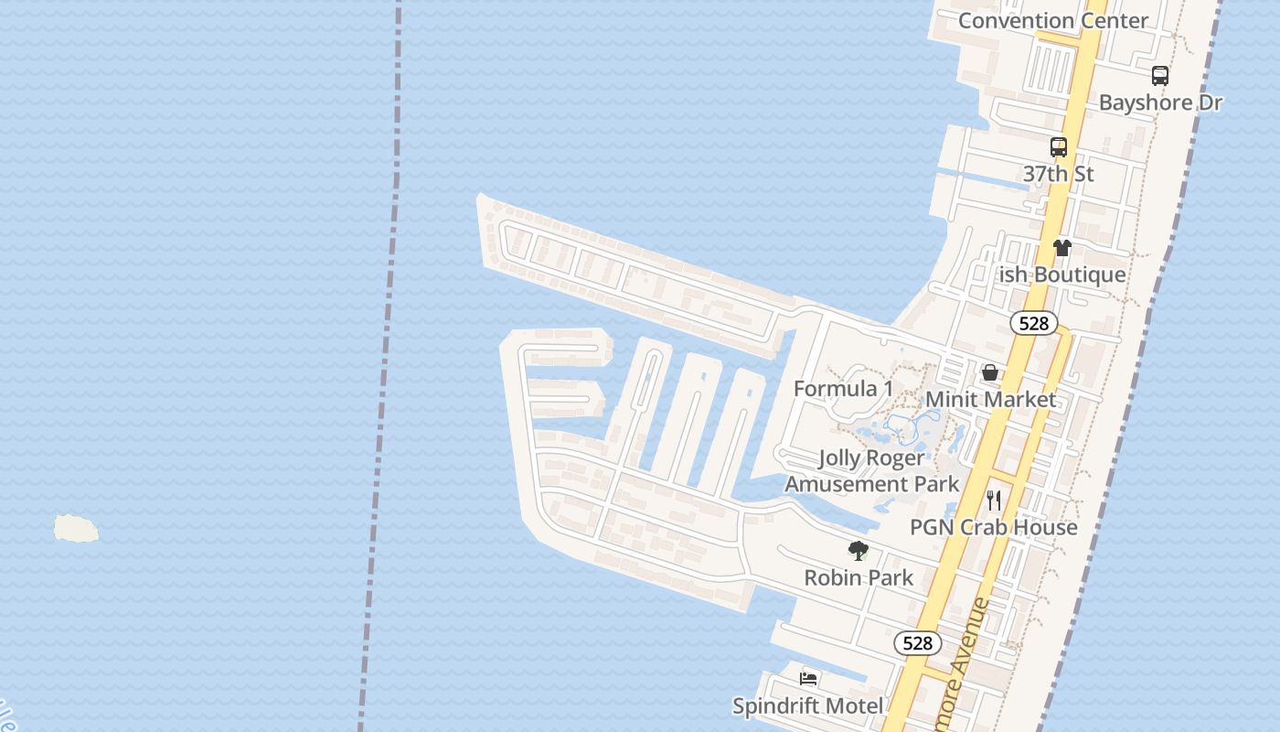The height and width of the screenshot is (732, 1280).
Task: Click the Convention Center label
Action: pyautogui.click(x=1052, y=20)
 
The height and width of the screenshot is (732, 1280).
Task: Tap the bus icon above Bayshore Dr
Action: pyautogui.click(x=1159, y=76)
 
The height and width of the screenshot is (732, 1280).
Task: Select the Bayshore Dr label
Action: pyautogui.click(x=1160, y=102)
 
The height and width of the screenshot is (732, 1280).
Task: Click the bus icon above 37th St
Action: pyautogui.click(x=1058, y=146)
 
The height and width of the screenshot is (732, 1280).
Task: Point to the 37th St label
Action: pyautogui.click(x=1058, y=174)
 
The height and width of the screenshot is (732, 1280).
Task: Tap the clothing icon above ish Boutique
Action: pyautogui.click(x=1061, y=248)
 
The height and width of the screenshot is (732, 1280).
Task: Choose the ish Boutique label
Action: pyautogui.click(x=1061, y=274)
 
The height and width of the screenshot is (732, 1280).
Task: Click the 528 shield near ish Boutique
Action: pyautogui.click(x=1034, y=323)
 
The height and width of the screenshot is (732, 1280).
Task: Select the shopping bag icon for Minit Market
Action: pyautogui.click(x=990, y=372)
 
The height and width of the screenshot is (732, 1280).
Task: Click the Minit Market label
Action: pyautogui.click(x=990, y=399)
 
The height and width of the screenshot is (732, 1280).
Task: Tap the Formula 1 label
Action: pyautogui.click(x=843, y=389)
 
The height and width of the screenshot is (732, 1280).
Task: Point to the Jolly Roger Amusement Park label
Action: pyautogui.click(x=871, y=470)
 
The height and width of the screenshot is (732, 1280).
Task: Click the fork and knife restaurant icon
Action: pyautogui.click(x=994, y=501)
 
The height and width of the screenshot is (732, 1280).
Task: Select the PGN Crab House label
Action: pyautogui.click(x=994, y=527)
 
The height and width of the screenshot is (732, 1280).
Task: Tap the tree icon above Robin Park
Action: pyautogui.click(x=858, y=551)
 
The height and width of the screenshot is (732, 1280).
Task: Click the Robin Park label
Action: pyautogui.click(x=859, y=577)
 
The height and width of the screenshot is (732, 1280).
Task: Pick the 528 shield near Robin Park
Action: pyautogui.click(x=917, y=643)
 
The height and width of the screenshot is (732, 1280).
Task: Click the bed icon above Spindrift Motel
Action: pyautogui.click(x=808, y=679)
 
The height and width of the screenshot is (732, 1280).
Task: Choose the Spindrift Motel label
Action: pyautogui.click(x=808, y=705)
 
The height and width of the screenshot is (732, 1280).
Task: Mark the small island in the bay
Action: pyautogui.click(x=76, y=528)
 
